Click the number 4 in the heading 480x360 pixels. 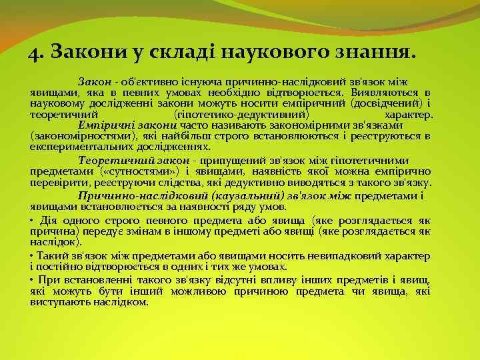(35, 52)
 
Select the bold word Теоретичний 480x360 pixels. (108, 161)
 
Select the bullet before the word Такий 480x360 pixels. (32, 255)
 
